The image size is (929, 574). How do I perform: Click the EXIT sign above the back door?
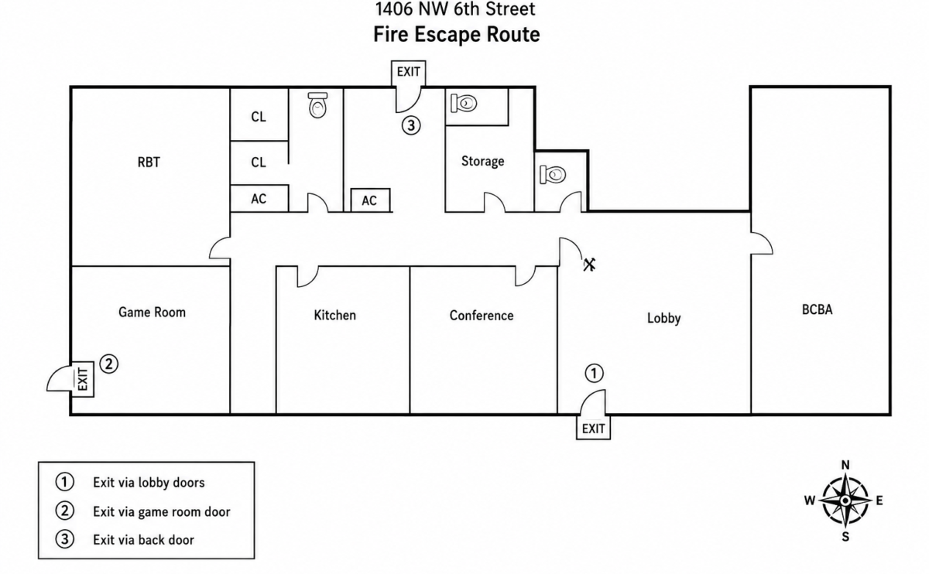(x=409, y=72)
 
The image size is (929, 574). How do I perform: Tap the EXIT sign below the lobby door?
(x=593, y=428)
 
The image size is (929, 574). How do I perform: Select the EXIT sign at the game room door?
(x=83, y=379)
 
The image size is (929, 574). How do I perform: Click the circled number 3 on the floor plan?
(x=411, y=125)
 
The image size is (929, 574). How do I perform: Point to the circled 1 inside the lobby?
(x=594, y=373)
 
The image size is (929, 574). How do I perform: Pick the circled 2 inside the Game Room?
(x=108, y=364)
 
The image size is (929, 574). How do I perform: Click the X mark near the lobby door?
(x=589, y=265)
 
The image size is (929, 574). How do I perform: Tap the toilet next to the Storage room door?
(x=553, y=175)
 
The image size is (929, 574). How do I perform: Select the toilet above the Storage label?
(x=464, y=103)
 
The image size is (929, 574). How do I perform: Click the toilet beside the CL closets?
(x=317, y=105)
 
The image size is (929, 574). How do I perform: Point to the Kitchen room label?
(x=334, y=316)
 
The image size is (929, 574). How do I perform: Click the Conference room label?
(x=482, y=316)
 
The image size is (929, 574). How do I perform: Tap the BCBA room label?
(x=817, y=309)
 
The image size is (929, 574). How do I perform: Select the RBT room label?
(x=149, y=162)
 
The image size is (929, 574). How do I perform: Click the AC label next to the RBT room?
(x=259, y=199)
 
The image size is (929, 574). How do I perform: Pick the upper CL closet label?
(x=259, y=117)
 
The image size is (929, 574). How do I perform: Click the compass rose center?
(x=845, y=501)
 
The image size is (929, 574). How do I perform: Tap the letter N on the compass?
(x=845, y=465)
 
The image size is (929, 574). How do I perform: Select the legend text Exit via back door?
(x=143, y=540)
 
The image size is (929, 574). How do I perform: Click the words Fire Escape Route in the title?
(x=457, y=34)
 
